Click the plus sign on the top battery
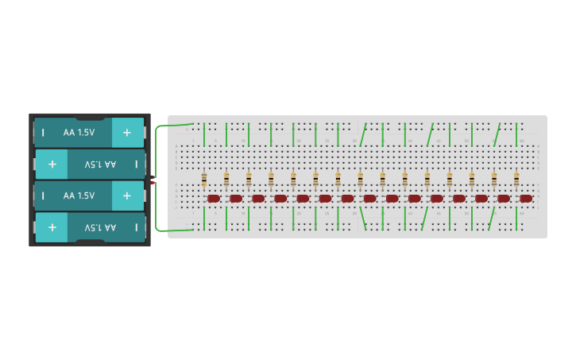point(127,133)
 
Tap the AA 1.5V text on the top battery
point(79,133)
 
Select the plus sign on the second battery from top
point(52,165)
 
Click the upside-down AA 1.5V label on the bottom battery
point(100,227)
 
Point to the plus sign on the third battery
point(127,195)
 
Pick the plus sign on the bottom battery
point(52,227)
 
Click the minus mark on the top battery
point(43,133)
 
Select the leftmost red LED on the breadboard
point(214,199)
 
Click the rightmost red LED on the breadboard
point(526,199)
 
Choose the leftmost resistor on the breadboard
point(204,178)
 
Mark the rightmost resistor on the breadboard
point(516,178)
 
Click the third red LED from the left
point(258,199)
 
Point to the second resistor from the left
point(226,178)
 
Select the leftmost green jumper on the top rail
point(204,134)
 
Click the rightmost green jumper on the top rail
point(516,134)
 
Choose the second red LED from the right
point(504,199)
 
